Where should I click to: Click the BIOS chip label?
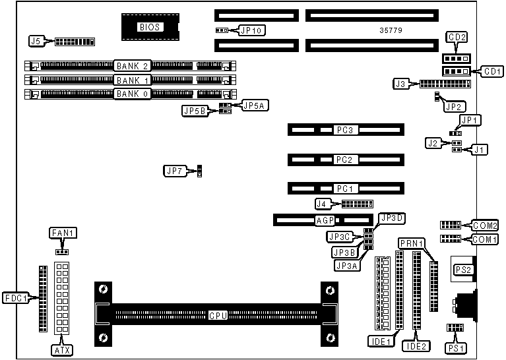click(x=149, y=27)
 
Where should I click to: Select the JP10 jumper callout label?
click(x=252, y=30)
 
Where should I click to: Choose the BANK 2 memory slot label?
click(x=133, y=66)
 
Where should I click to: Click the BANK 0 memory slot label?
click(x=133, y=94)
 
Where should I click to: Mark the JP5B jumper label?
click(x=195, y=111)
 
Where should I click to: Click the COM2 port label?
click(x=484, y=225)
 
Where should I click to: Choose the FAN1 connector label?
click(x=64, y=233)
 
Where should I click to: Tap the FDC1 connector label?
click(x=16, y=297)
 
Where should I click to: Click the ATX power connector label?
click(x=63, y=349)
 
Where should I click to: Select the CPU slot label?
click(x=218, y=315)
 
